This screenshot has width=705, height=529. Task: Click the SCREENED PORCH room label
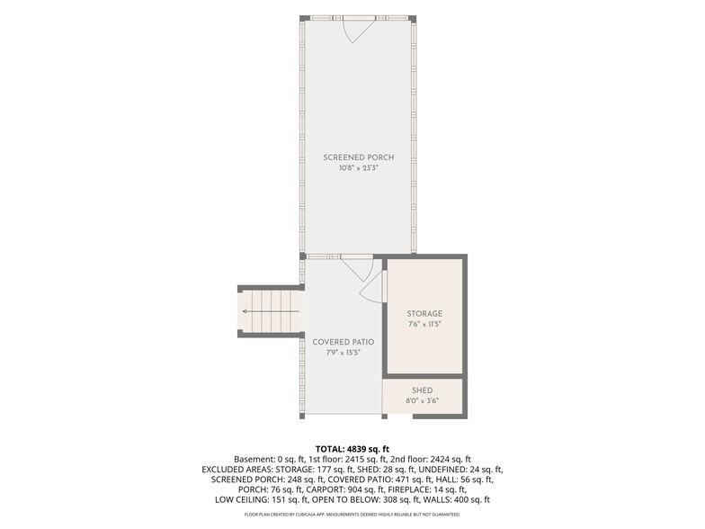[x=358, y=157]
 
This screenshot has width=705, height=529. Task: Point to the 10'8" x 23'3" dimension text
[x=358, y=169]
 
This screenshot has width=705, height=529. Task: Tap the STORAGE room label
[x=424, y=313]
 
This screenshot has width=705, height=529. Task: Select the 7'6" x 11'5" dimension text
[x=424, y=324]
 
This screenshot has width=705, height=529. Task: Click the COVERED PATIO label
[x=344, y=342]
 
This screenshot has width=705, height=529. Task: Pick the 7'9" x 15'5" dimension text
[x=344, y=353]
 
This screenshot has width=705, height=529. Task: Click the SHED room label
[x=423, y=390]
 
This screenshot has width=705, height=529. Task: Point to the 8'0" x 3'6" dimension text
[x=423, y=401]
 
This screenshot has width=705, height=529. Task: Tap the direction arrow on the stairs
[x=271, y=311]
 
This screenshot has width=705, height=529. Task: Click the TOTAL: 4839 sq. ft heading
[x=352, y=449]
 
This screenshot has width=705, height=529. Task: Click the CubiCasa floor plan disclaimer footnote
[x=352, y=515]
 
